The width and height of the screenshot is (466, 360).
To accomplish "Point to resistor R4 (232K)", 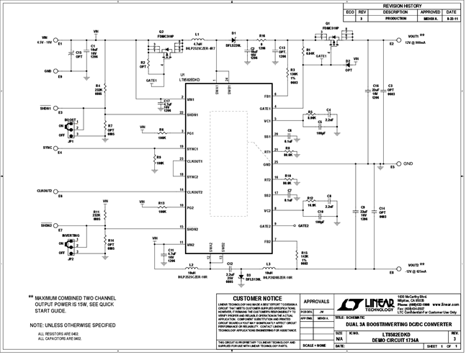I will pyautogui.click(x=97, y=88).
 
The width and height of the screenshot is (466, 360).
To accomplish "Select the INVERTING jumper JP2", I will pyautogui.click(x=71, y=246).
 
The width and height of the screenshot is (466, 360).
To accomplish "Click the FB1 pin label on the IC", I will pyautogui.click(x=266, y=96).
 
